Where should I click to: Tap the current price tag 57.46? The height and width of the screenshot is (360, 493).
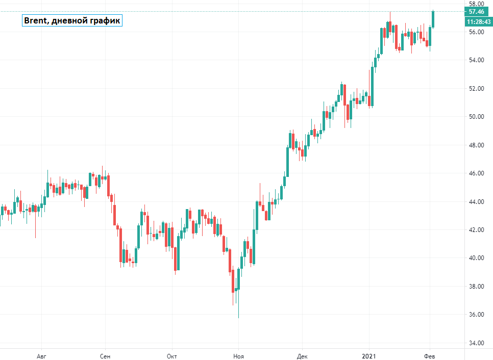(x=477, y=11)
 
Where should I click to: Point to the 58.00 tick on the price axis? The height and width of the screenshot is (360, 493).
(x=477, y=4)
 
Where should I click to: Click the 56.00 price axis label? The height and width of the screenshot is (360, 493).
(x=477, y=32)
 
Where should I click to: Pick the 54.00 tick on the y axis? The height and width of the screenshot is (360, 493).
(x=477, y=60)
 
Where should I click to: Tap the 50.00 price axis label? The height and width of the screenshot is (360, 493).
(x=477, y=117)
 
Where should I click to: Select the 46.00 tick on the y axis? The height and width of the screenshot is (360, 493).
(x=477, y=173)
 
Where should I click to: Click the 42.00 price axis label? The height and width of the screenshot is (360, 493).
(x=477, y=230)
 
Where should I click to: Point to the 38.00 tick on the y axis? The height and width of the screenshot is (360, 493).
(x=477, y=287)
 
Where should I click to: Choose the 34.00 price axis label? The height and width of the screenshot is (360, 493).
(x=477, y=343)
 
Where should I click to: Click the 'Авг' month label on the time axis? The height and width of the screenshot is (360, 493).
(x=42, y=355)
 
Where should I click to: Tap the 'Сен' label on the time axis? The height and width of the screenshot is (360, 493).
(x=105, y=355)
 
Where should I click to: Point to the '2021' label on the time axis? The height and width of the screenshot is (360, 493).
(x=369, y=355)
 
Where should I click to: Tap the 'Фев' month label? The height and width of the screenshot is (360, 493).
(x=430, y=355)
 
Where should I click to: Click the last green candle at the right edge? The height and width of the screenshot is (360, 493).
(x=433, y=19)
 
